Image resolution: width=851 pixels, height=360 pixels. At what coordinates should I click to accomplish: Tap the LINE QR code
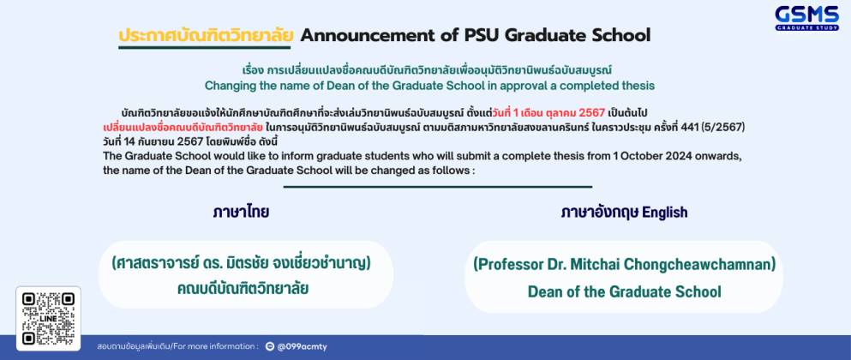48,319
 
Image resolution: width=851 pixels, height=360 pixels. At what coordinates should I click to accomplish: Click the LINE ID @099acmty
302,346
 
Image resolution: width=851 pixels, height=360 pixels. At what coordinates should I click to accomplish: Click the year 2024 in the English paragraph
681,156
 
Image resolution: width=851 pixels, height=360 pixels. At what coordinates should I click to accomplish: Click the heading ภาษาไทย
241,213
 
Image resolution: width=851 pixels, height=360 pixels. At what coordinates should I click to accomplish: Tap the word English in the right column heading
664,213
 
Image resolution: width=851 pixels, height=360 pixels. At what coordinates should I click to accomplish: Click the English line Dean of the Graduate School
624,291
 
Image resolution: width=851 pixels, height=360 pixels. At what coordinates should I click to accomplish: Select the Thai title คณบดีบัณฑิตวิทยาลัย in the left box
243,289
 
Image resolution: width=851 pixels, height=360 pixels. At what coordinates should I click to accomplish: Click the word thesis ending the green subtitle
639,86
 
